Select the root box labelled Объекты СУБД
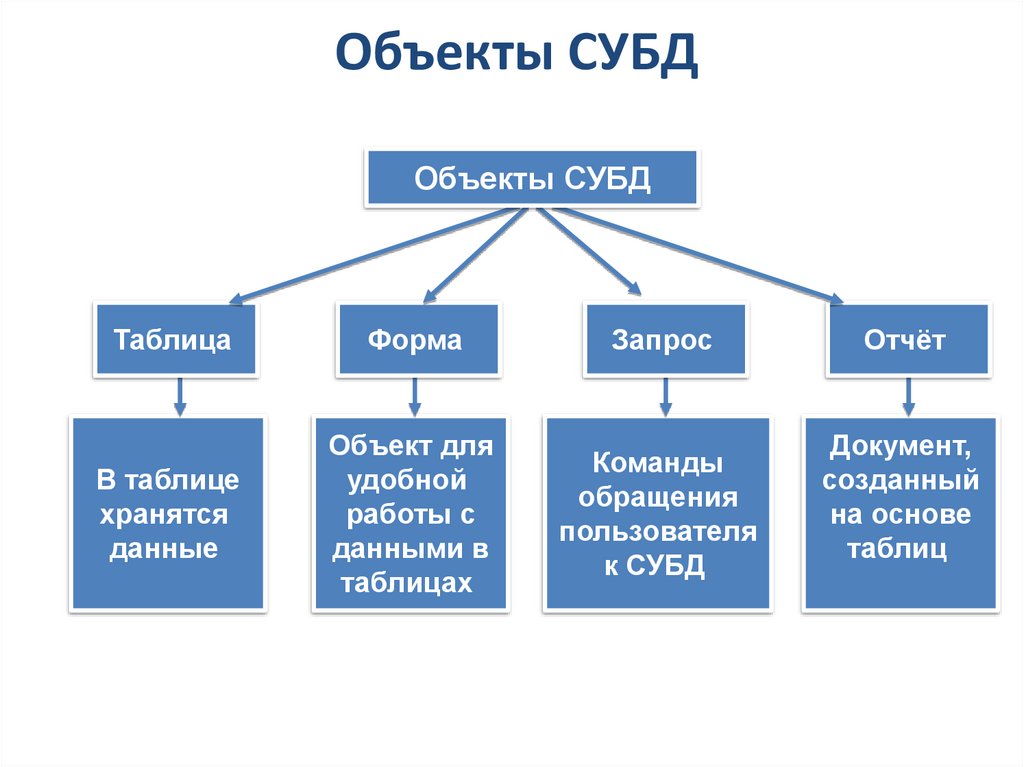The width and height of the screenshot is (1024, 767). point(532,180)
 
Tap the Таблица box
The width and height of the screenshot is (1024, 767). point(173,340)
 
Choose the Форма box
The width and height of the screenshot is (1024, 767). point(416,340)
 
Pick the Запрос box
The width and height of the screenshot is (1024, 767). point(662,340)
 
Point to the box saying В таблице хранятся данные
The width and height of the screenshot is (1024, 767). point(167,514)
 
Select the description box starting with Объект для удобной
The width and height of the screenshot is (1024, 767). point(411,514)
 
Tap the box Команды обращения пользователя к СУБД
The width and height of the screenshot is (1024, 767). point(657,514)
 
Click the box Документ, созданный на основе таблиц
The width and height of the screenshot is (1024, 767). point(900,514)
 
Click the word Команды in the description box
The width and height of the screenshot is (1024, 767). point(657,464)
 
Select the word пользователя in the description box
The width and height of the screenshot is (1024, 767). point(657,531)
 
